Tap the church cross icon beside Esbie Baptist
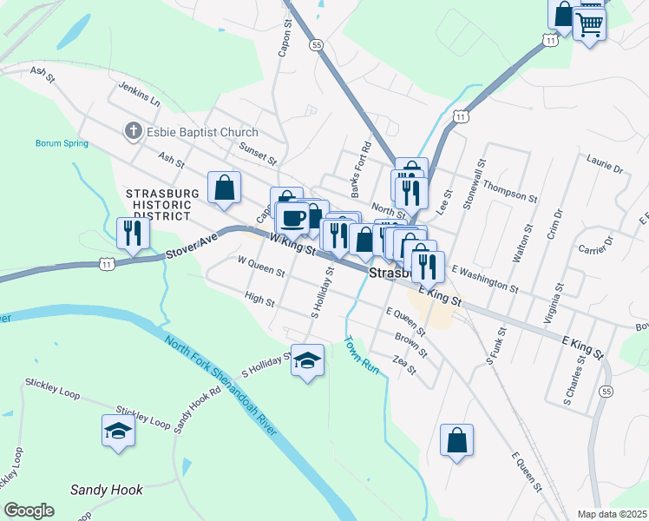(133, 131)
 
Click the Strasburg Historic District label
(163, 204)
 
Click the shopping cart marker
(589, 23)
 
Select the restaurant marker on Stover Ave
(133, 232)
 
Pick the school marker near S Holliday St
(306, 359)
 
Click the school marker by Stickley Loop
(119, 429)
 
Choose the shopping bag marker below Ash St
(224, 188)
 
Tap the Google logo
(29, 511)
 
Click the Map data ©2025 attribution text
(612, 514)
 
